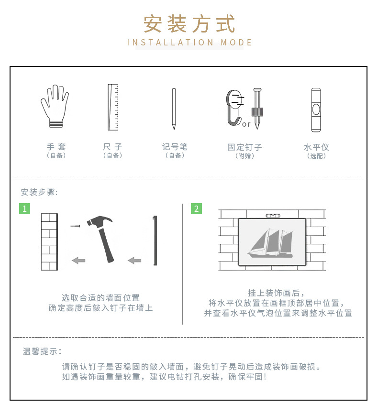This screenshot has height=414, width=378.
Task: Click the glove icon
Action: click(x=55, y=106)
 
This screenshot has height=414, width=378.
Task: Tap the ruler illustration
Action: click(x=113, y=107)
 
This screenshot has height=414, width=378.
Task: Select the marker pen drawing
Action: click(x=174, y=109)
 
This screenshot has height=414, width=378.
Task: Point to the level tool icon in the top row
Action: click(x=316, y=110)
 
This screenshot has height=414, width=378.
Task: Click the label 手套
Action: click(x=56, y=147)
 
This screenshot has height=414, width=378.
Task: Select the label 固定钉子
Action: click(x=245, y=147)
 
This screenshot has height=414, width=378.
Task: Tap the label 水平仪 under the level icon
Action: click(x=316, y=147)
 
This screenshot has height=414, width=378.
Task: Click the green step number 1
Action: click(x=24, y=208)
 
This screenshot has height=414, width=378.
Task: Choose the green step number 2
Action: click(x=196, y=208)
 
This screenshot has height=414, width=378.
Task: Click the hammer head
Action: click(x=100, y=221)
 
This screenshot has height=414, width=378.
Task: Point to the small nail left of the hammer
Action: click(x=75, y=226)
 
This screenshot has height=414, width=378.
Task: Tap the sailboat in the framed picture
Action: click(x=270, y=243)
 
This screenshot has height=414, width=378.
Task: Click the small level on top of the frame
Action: click(x=272, y=216)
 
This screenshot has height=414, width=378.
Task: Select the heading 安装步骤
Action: click(x=39, y=192)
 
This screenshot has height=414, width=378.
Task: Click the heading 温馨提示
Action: click(x=42, y=351)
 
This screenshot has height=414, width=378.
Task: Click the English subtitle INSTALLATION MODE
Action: click(x=189, y=43)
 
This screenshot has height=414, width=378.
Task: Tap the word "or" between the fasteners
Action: click(x=246, y=124)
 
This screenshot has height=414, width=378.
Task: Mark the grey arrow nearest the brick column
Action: click(x=78, y=261)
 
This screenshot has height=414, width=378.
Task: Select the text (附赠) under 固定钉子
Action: click(x=245, y=156)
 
